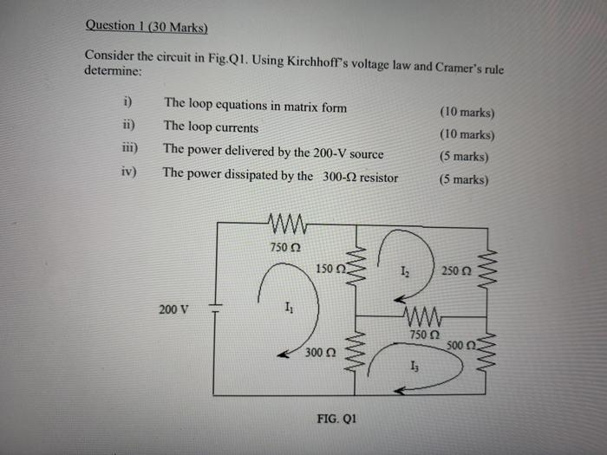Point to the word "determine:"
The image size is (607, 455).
[x=112, y=72]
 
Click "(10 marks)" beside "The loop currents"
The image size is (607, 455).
[x=467, y=135]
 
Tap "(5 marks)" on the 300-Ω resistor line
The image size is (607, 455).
[x=464, y=180]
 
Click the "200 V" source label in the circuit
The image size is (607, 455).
[x=173, y=309]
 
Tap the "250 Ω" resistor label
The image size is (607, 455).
[x=455, y=270]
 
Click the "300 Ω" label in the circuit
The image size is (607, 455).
[x=320, y=353]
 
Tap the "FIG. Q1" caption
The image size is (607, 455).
[x=336, y=418]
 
